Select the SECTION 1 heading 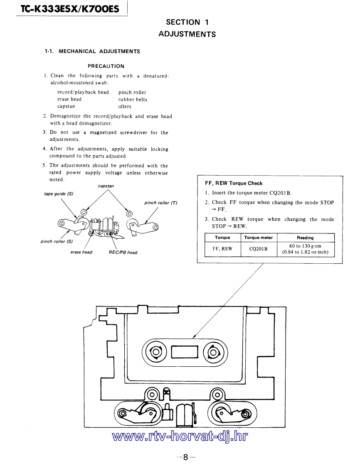[187, 22]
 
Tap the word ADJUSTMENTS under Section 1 [187, 34]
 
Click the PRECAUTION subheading [106, 66]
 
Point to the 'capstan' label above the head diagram [106, 186]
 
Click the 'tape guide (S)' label [59, 194]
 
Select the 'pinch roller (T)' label [160, 203]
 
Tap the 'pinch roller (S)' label [57, 241]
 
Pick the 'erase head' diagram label [81, 252]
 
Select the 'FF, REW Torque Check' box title [234, 183]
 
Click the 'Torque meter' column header [258, 238]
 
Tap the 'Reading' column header [305, 238]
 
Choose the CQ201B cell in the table [258, 249]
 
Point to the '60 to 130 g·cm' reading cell [305, 246]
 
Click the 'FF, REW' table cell [222, 249]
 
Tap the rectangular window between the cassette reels [184, 352]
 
